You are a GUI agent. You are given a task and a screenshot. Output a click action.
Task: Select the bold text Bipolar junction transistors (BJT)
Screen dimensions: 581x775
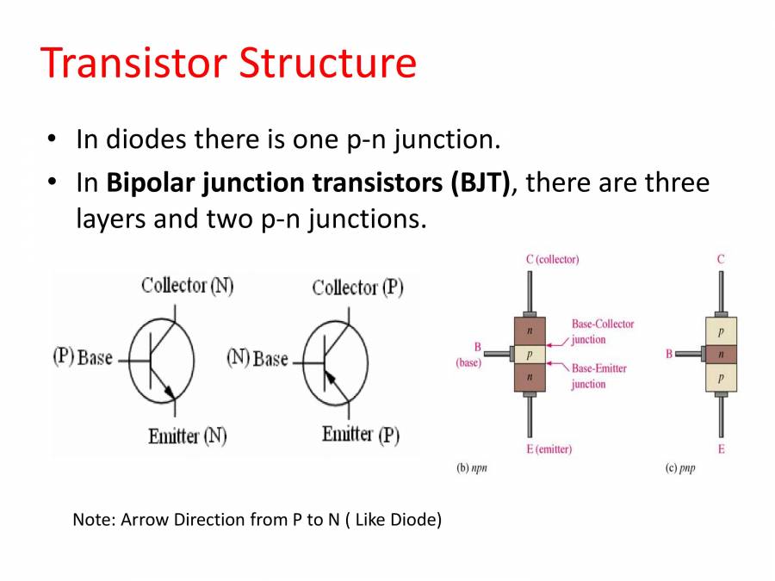click(308, 183)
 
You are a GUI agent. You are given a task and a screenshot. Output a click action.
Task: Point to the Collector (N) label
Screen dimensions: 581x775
click(187, 286)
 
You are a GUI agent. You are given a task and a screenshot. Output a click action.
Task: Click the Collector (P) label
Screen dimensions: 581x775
click(357, 287)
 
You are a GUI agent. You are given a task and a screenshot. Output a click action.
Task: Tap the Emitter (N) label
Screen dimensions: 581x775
click(187, 436)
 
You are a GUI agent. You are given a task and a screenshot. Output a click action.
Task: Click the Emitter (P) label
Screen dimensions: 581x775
click(360, 435)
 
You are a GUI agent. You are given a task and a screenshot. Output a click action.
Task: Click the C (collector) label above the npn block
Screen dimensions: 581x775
click(552, 259)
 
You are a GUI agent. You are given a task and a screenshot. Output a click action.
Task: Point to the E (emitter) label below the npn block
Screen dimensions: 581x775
click(548, 449)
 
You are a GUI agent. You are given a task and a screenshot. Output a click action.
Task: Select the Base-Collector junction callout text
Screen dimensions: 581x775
click(602, 331)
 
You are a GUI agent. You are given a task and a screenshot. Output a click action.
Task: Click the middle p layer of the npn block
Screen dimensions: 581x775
click(530, 354)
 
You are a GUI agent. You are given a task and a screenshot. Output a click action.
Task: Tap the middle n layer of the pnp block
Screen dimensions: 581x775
click(721, 354)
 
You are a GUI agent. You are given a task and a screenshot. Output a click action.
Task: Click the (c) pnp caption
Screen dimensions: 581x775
click(679, 470)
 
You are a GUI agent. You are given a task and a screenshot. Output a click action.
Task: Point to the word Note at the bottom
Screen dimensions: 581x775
click(93, 520)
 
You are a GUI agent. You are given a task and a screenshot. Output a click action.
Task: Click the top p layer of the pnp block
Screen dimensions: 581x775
click(721, 331)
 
